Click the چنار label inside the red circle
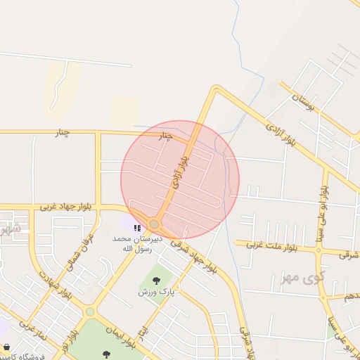pyautogui.click(x=165, y=135)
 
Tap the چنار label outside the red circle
pyautogui.click(x=62, y=133)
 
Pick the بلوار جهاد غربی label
pyautogui.click(x=66, y=207)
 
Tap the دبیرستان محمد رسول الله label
pyautogui.click(x=138, y=243)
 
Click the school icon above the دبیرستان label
pyautogui.click(x=137, y=227)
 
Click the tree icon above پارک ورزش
pyautogui.click(x=156, y=280)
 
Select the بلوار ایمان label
pyautogui.click(x=122, y=337)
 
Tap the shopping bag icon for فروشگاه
pyautogui.click(x=6, y=347)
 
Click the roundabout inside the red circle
pyautogui.click(x=154, y=224)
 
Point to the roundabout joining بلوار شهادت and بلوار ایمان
pyautogui.click(x=90, y=311)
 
